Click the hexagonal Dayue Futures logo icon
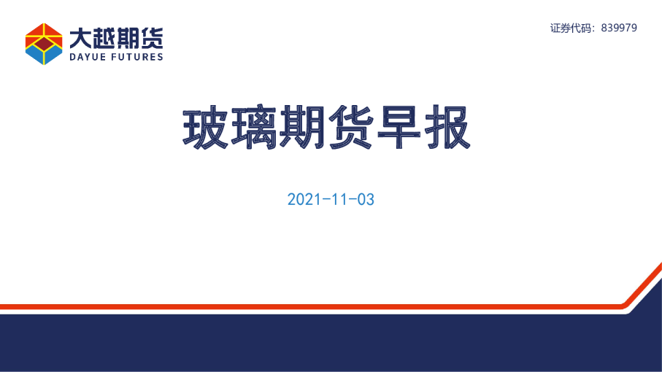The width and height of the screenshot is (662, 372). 43,43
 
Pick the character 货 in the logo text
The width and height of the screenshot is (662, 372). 152,37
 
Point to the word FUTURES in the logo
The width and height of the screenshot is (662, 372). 136,57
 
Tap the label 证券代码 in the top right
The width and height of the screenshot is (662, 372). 571,28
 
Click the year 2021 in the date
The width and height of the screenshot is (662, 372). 302,199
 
